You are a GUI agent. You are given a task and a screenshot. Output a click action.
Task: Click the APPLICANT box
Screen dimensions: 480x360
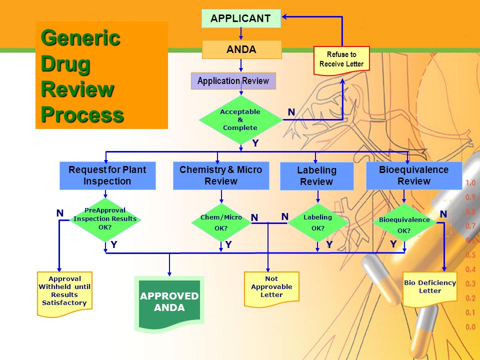241,18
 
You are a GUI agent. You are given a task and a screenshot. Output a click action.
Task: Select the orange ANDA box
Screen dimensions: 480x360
241,49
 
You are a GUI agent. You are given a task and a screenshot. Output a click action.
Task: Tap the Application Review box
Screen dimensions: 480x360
233,81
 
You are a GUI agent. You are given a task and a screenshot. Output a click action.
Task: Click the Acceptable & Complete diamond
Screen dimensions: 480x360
240,119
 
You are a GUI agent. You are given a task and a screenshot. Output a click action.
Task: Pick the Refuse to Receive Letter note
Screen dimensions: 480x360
341,60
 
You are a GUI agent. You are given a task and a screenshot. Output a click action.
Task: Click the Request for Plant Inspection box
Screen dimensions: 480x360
107,175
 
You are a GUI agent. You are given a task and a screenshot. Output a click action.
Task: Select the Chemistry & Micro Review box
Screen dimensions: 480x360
221,175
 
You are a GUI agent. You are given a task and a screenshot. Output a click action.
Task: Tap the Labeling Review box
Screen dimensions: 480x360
317,176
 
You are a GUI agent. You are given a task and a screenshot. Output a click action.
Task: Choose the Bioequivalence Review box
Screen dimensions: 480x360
414,175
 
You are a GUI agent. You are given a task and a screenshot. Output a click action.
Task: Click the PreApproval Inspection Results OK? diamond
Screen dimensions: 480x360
105,219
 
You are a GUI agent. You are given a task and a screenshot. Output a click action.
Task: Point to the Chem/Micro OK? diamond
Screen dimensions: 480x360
221,222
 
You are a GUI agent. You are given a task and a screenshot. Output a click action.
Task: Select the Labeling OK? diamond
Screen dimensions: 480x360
318,222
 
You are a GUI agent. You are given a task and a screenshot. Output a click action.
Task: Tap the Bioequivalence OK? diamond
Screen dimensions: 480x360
404,222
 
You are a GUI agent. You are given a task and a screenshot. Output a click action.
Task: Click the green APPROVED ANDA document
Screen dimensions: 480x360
169,303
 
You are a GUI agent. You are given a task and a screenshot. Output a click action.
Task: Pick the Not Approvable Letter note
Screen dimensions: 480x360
271,288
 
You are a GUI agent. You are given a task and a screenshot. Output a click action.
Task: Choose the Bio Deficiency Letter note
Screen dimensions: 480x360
430,288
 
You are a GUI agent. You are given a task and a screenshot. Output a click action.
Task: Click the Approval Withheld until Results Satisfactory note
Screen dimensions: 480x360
64,293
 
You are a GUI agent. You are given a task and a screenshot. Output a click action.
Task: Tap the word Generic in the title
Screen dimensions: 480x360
80,38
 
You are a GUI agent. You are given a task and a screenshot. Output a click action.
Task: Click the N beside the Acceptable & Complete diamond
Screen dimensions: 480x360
291,112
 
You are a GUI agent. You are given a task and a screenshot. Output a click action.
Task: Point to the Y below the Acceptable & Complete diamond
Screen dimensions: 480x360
255,143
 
